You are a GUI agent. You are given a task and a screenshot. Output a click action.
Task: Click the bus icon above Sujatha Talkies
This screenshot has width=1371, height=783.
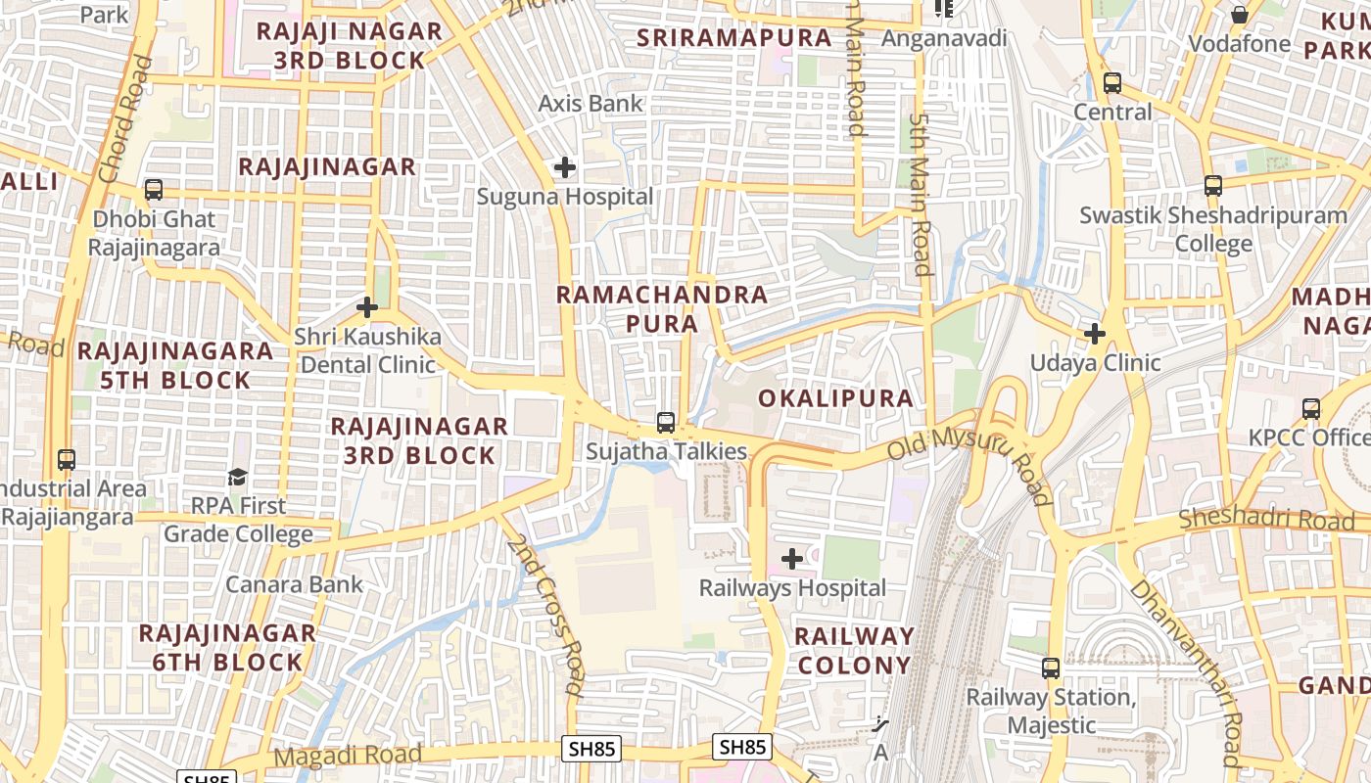click(x=666, y=423)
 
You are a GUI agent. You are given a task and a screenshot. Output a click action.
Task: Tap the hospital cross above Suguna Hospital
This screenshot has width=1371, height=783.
click(x=565, y=167)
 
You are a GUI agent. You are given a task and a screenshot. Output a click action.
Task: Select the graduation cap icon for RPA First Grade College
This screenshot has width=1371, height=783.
click(x=238, y=477)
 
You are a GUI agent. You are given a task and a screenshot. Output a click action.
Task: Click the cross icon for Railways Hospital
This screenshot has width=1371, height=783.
click(x=792, y=559)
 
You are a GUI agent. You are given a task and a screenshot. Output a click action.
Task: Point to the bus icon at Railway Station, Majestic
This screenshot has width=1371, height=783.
click(x=1051, y=668)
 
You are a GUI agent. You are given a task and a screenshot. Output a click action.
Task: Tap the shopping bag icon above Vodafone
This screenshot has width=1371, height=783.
click(x=1240, y=15)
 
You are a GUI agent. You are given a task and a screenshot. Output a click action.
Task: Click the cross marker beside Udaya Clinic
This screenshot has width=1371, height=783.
click(x=1095, y=334)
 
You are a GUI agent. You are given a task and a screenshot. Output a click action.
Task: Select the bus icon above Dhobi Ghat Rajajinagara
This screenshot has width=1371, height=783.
click(x=154, y=190)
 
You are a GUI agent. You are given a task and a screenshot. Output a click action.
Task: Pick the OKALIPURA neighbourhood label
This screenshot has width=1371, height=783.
click(x=835, y=398)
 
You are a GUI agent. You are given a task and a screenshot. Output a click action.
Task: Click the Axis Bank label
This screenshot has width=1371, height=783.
click(x=591, y=103)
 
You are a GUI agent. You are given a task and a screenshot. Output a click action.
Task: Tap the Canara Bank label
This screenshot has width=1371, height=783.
click(x=294, y=584)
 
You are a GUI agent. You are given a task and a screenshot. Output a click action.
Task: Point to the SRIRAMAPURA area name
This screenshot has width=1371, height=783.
click(x=733, y=38)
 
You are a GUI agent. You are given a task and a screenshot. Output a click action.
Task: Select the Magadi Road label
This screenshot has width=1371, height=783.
click(x=348, y=756)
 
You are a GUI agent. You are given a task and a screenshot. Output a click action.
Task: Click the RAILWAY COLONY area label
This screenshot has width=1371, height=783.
click(x=853, y=651)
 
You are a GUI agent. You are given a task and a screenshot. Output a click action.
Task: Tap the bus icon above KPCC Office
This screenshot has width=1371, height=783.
click(x=1311, y=409)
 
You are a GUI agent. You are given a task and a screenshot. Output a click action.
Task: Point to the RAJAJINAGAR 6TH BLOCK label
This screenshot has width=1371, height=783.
click(x=227, y=647)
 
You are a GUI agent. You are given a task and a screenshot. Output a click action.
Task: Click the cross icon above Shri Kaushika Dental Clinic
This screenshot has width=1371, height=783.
click(x=367, y=308)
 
